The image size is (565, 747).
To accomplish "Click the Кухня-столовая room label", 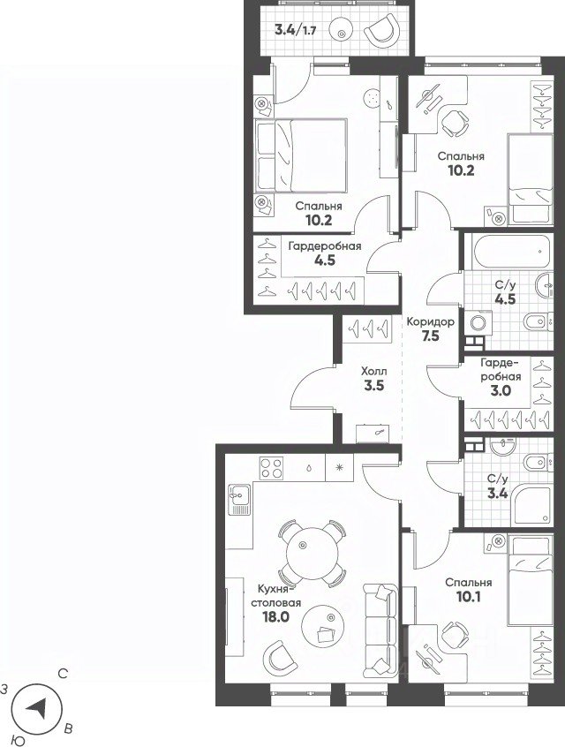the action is coord(275,595).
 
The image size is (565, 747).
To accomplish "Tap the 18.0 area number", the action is coord(275,617).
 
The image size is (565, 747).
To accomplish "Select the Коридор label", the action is coord(430,321).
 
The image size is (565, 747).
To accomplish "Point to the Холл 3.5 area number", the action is coord(374,385).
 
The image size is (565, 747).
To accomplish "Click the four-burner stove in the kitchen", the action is coord(271,467).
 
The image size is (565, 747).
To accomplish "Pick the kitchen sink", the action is coord(239,499).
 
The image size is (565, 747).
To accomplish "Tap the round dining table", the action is coord(312,554).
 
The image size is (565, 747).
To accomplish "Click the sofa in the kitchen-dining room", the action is coord(380,630).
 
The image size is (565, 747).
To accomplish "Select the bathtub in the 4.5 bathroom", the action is coord(513,252).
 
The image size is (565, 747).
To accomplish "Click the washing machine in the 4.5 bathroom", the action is coord(479,323).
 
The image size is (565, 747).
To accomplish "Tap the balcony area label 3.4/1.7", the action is coord(296,31).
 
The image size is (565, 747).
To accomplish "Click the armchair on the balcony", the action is coord(381,31).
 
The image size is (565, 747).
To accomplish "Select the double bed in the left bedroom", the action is coord(301,155).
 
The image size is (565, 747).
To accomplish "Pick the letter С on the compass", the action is coord(63,674).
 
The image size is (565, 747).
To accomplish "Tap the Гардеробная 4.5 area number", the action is coord(325,260).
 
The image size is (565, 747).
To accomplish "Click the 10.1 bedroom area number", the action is coord(469,597).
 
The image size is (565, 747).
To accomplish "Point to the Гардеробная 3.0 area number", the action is coord(501,391).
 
